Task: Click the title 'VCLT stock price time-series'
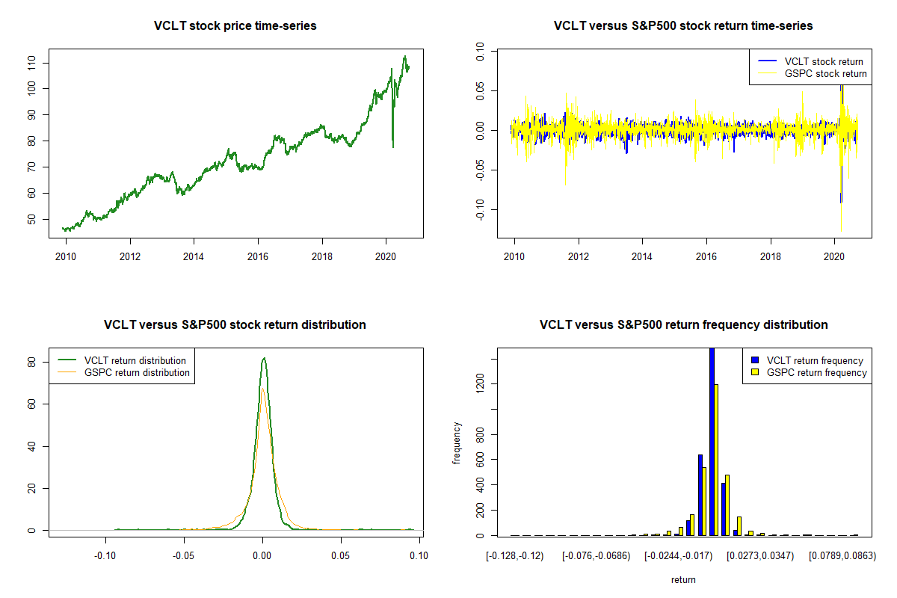[235, 26]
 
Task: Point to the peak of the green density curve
[263, 359]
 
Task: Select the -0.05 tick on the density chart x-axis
[183, 555]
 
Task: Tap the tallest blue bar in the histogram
[712, 441]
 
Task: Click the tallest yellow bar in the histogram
[716, 460]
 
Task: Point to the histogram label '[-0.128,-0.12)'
[515, 556]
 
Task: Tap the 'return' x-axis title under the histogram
[683, 579]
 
